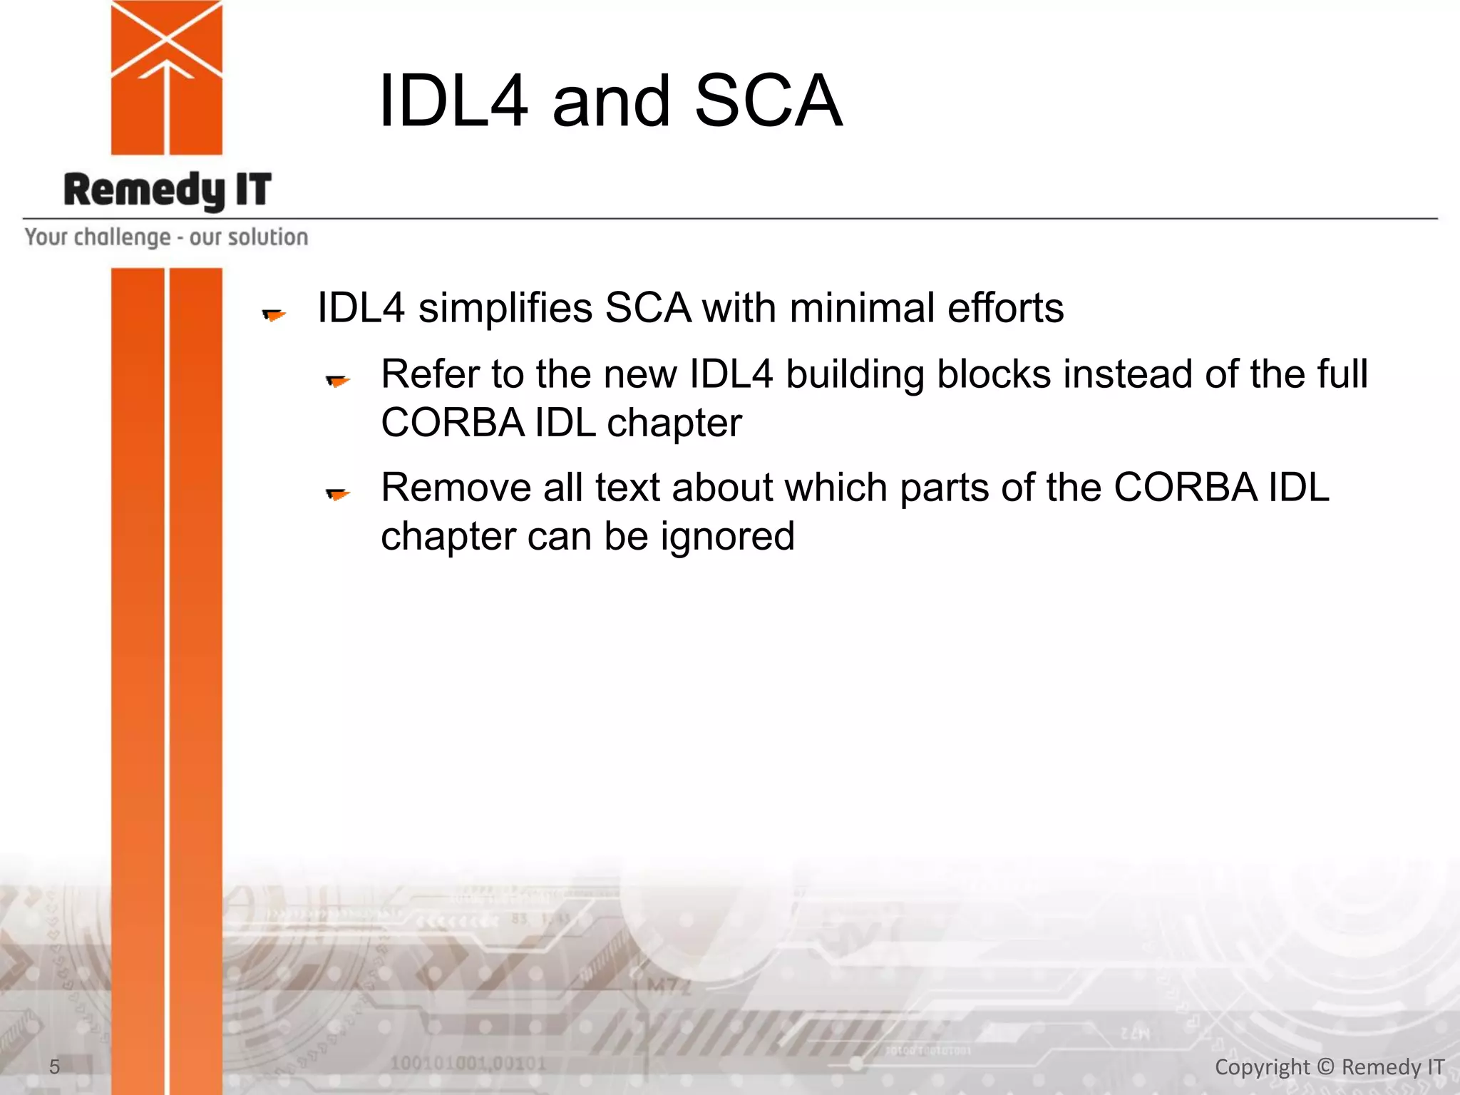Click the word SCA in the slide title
(768, 101)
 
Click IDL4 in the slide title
(453, 101)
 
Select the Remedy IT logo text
(168, 190)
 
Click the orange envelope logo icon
(167, 77)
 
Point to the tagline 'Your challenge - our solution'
(166, 237)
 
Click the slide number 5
(54, 1066)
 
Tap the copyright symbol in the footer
(1325, 1066)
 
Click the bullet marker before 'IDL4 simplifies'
(274, 314)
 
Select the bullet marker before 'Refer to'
(338, 381)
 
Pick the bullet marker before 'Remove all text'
(338, 493)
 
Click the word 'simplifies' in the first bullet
(505, 308)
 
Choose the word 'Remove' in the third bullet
(456, 488)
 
